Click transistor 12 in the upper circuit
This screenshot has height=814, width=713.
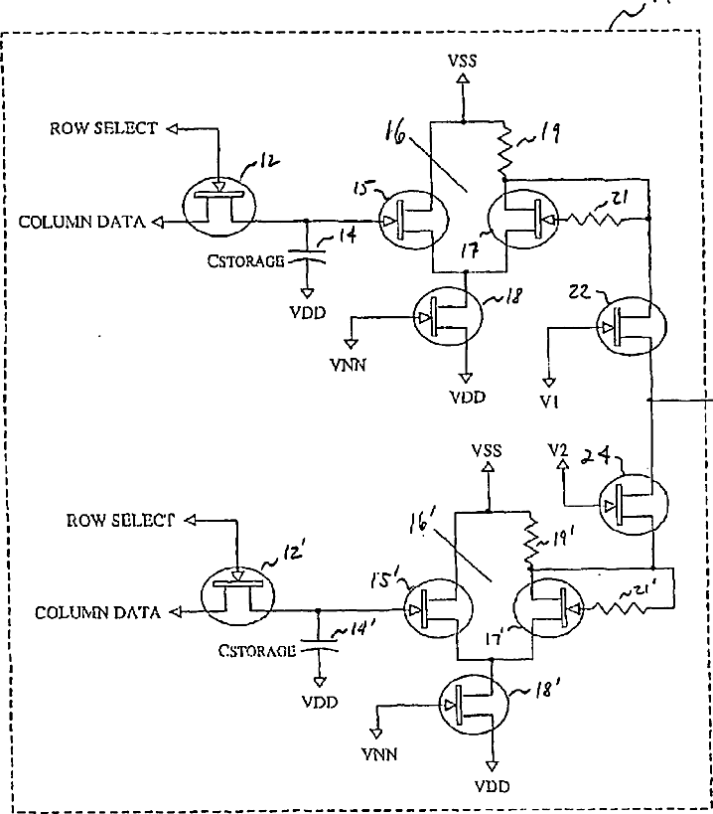point(219,206)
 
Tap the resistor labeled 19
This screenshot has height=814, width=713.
point(504,149)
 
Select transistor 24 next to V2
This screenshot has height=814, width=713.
point(634,504)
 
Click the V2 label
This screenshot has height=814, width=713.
point(558,449)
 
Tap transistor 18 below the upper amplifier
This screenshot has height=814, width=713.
point(448,316)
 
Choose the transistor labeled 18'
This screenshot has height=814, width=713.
point(474,705)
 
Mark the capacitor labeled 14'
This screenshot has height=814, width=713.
point(319,645)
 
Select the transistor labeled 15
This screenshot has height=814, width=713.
point(413,220)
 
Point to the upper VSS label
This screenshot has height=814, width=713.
point(463,61)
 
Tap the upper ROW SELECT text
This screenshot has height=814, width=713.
point(103,128)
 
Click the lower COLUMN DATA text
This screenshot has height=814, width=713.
point(97,612)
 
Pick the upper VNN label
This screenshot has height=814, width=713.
point(348,365)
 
